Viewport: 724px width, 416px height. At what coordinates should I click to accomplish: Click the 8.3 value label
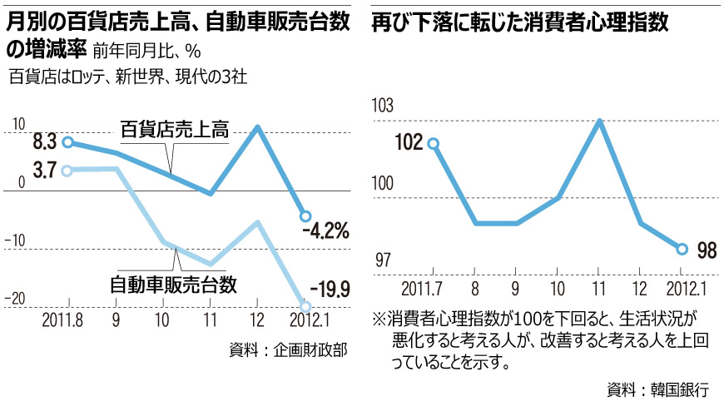44,141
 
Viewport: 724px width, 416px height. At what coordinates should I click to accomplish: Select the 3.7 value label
44,171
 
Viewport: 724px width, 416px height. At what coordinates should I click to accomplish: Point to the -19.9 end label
327,289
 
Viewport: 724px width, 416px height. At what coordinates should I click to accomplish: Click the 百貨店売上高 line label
175,129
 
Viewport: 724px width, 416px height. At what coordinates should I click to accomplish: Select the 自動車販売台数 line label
174,284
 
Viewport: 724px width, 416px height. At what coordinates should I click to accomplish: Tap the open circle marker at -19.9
305,307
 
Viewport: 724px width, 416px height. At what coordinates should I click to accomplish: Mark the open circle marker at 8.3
67,142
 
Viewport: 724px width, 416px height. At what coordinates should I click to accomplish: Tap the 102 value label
409,142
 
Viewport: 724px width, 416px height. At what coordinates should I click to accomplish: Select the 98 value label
707,249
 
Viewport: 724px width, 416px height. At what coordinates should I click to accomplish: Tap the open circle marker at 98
682,249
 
